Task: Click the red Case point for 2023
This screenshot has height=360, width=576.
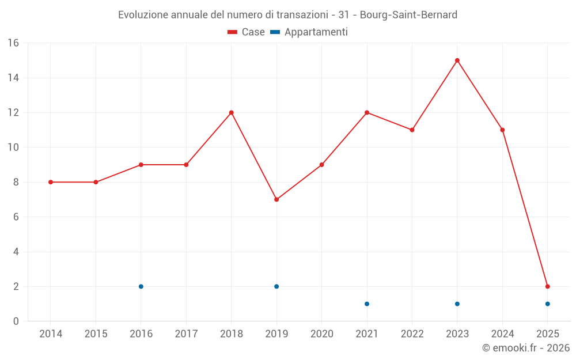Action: tap(457, 60)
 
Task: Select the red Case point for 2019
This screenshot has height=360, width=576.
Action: tap(276, 199)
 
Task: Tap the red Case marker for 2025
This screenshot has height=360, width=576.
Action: tap(548, 286)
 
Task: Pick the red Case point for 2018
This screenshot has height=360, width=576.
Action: tap(232, 112)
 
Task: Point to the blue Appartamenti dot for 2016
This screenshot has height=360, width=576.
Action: tap(141, 286)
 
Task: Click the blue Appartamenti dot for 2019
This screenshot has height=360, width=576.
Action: tap(276, 286)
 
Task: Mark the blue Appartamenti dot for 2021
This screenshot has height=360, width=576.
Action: tap(367, 304)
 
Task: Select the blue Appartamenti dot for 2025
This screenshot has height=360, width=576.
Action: tap(548, 304)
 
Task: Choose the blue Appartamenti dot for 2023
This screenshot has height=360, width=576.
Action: tap(457, 304)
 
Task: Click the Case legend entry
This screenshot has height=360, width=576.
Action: tap(246, 32)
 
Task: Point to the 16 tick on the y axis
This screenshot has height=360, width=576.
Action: tap(13, 43)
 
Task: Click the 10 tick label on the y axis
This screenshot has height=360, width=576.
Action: tap(13, 147)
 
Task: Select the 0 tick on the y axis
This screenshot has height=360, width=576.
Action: tap(16, 321)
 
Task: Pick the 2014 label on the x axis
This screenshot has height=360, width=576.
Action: tap(51, 334)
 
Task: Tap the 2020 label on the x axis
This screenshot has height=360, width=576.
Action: tap(322, 334)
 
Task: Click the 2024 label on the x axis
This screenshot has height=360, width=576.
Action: tap(502, 334)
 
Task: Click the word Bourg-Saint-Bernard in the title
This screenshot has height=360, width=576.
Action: tap(408, 15)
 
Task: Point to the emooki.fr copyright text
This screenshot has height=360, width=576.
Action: tap(525, 348)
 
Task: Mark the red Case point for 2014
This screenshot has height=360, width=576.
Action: tap(51, 182)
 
